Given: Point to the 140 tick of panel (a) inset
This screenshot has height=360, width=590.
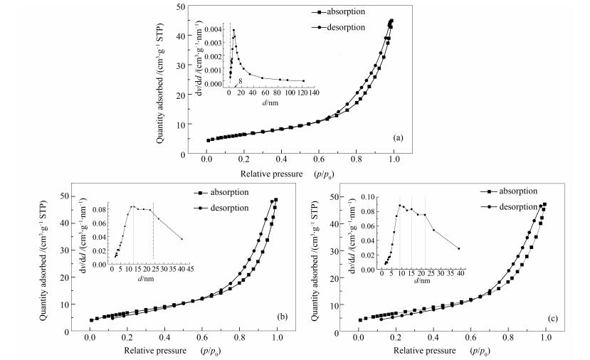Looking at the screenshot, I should [314, 92].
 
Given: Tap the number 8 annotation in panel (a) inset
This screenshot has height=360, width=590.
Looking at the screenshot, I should [241, 81].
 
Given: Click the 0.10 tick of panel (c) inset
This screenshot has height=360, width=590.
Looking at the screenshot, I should [369, 196].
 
